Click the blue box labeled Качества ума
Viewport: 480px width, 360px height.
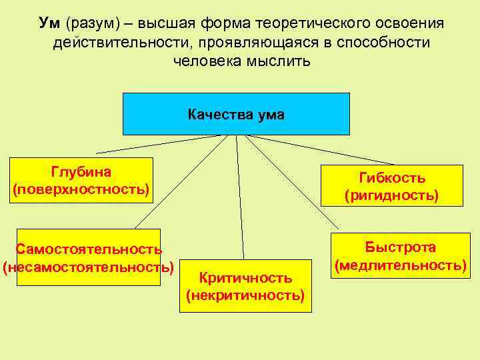[x=236, y=114]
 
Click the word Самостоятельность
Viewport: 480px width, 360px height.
[x=89, y=249]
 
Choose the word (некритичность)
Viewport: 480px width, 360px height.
[x=245, y=294]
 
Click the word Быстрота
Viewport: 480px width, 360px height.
[x=400, y=247]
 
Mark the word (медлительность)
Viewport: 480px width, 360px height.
[x=400, y=265]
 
